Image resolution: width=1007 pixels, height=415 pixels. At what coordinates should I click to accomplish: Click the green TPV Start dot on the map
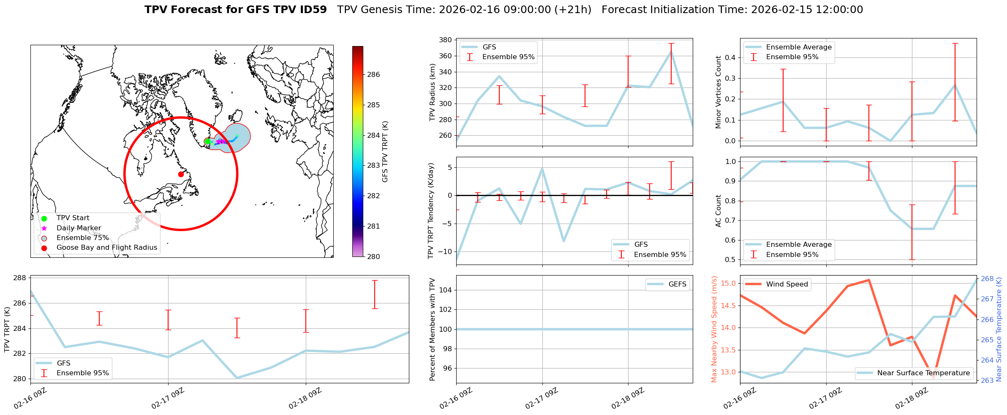(x=207, y=142)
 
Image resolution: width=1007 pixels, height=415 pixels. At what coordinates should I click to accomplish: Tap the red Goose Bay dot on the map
(x=181, y=174)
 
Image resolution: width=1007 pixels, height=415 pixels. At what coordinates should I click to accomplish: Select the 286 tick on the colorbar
(x=373, y=75)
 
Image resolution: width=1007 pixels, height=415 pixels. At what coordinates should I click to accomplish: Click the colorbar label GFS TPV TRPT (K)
(x=385, y=152)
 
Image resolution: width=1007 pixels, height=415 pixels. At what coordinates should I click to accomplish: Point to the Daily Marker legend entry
(x=79, y=228)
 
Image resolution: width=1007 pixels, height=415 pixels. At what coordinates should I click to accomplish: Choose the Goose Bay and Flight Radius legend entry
(x=106, y=248)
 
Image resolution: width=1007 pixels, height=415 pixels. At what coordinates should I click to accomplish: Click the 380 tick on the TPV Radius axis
(x=446, y=40)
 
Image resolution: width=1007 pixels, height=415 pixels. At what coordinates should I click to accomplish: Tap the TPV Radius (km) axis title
(x=432, y=93)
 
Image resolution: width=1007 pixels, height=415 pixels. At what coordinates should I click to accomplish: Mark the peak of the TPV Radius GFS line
(x=671, y=52)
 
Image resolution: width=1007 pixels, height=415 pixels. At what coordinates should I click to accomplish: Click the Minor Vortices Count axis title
(x=718, y=92)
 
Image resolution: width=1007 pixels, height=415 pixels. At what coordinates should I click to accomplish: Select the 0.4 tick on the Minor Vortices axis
(x=730, y=57)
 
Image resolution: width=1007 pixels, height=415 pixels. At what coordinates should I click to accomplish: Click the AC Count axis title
(x=718, y=211)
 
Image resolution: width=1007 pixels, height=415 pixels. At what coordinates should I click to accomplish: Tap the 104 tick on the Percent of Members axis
(x=446, y=290)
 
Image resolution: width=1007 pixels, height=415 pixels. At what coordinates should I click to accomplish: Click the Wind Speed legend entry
(x=787, y=284)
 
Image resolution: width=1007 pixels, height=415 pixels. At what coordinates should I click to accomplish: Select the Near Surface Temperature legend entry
(x=923, y=373)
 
